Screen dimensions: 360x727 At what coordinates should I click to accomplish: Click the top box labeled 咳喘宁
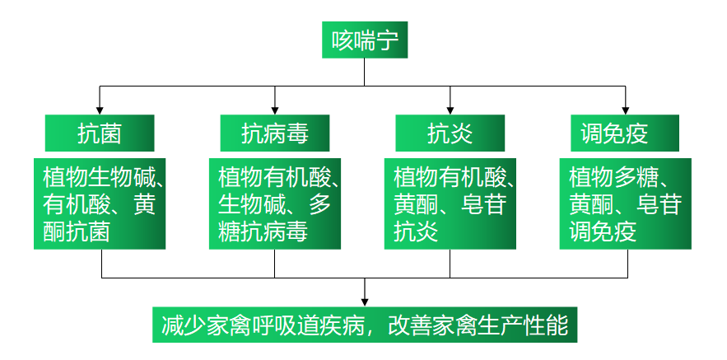(364, 40)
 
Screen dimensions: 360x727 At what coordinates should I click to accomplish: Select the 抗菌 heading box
(100, 133)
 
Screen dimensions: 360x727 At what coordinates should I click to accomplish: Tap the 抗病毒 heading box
(275, 133)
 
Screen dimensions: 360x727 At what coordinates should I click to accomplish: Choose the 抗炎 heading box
(450, 133)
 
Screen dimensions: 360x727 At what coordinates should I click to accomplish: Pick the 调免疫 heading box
(626, 133)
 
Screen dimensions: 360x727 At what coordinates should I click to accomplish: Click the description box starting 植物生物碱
(100, 203)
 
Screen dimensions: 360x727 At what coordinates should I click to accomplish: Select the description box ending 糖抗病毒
(275, 203)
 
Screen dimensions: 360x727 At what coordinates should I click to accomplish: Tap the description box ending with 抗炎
(450, 203)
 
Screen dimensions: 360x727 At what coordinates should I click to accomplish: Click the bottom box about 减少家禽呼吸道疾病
(365, 325)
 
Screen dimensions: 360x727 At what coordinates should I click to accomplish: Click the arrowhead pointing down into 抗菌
(100, 110)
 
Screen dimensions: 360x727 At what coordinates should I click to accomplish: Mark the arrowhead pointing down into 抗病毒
(275, 110)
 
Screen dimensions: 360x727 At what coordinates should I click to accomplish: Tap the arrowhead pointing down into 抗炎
(450, 110)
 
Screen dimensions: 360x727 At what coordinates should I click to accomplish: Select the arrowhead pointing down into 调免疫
(626, 110)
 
